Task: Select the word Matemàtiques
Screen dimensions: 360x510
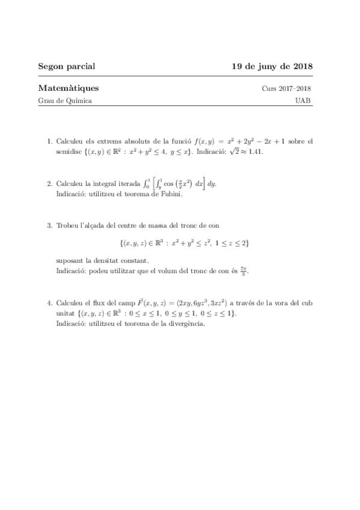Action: tap(68, 88)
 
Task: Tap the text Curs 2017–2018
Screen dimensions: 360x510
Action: tap(286, 89)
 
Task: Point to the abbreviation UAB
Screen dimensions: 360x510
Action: tap(304, 101)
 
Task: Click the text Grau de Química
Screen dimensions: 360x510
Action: tap(65, 101)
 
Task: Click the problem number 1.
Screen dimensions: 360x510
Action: tap(49, 141)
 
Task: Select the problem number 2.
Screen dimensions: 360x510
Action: tap(49, 184)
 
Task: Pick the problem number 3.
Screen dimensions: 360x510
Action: tap(49, 226)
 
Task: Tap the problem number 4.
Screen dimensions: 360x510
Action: tap(49, 303)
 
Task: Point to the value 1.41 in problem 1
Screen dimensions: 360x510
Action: tap(255, 152)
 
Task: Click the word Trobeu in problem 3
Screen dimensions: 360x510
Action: tap(68, 226)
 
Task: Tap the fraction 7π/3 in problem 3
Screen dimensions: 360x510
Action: tap(243, 271)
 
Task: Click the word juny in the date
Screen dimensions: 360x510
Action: tap(267, 66)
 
